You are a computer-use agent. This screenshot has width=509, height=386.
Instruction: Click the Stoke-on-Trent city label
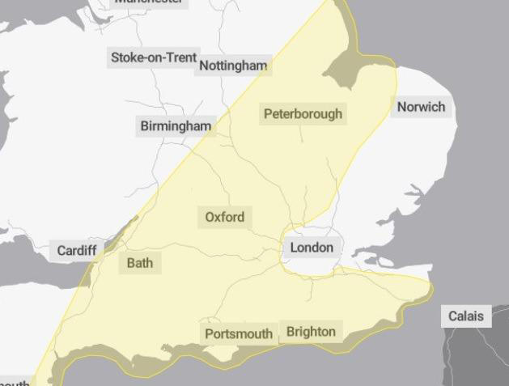coord(154,57)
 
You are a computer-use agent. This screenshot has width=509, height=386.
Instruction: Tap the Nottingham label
coord(233,66)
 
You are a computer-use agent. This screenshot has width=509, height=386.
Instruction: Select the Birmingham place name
coord(176,125)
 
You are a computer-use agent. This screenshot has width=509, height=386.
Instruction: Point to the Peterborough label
coord(303,114)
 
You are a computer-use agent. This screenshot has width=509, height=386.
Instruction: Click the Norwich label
coord(421,107)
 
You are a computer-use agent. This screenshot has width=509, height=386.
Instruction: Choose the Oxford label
coord(224,217)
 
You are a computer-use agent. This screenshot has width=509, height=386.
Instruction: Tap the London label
coord(312,248)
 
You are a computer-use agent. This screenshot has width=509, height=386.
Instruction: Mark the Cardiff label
coord(77,250)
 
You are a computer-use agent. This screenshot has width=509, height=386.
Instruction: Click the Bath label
coord(139,263)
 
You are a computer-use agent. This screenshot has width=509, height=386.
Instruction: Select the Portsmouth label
coord(238,333)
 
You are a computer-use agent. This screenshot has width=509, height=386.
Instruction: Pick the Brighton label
coord(311,332)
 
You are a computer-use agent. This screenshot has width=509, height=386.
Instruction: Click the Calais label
coord(467,316)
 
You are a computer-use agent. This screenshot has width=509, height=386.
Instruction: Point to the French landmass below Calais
coord(477,356)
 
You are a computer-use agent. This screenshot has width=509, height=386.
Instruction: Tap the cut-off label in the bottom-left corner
coord(15,383)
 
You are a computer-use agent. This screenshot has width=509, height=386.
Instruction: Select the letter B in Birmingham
coord(145,126)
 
